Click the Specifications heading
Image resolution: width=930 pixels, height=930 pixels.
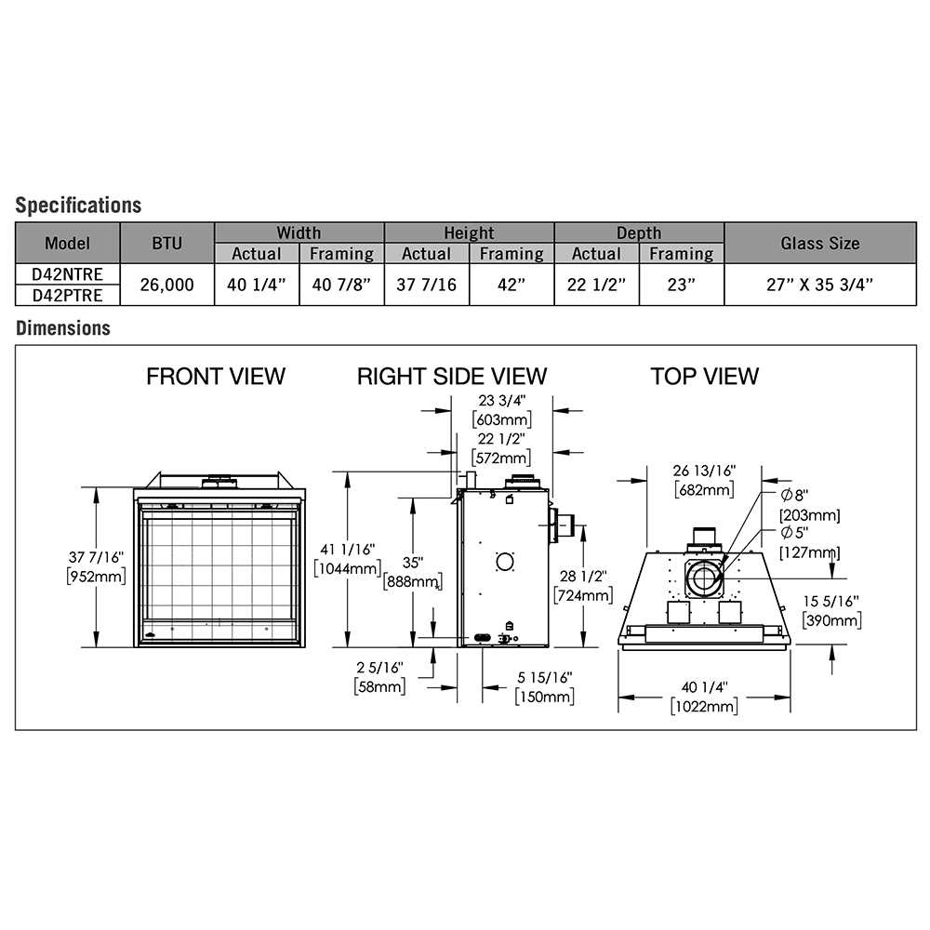pos(78,206)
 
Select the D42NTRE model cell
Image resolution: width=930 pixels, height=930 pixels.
pos(68,274)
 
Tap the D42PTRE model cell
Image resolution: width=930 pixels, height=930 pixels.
pos(68,295)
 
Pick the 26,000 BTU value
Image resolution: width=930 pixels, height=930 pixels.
pos(166,285)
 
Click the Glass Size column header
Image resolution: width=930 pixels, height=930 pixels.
pos(819,243)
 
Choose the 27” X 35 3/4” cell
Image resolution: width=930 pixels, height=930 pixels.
pos(819,285)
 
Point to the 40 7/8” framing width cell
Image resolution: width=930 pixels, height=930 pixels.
pos(341,285)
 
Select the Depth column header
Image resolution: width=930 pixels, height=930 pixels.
pos(639,232)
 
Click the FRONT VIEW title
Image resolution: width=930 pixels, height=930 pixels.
pos(216,376)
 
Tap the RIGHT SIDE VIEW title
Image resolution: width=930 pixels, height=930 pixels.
pos(452,376)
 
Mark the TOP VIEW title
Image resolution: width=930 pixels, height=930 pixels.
pos(705,376)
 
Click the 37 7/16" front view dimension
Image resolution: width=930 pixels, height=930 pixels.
pos(96,557)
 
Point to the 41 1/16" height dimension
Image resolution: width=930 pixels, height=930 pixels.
pos(348,550)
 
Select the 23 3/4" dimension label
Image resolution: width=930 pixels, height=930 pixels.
pos(502,400)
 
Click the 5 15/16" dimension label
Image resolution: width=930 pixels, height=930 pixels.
pos(544,677)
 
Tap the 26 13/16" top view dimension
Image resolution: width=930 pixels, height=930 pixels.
pos(704,471)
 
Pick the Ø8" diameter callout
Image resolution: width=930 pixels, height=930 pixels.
pos(795,495)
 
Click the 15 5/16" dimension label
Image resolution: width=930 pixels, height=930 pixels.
pos(830,601)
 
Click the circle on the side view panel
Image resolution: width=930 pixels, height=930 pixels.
pos(505,562)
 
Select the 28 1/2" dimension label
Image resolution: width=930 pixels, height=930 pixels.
pos(583,576)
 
